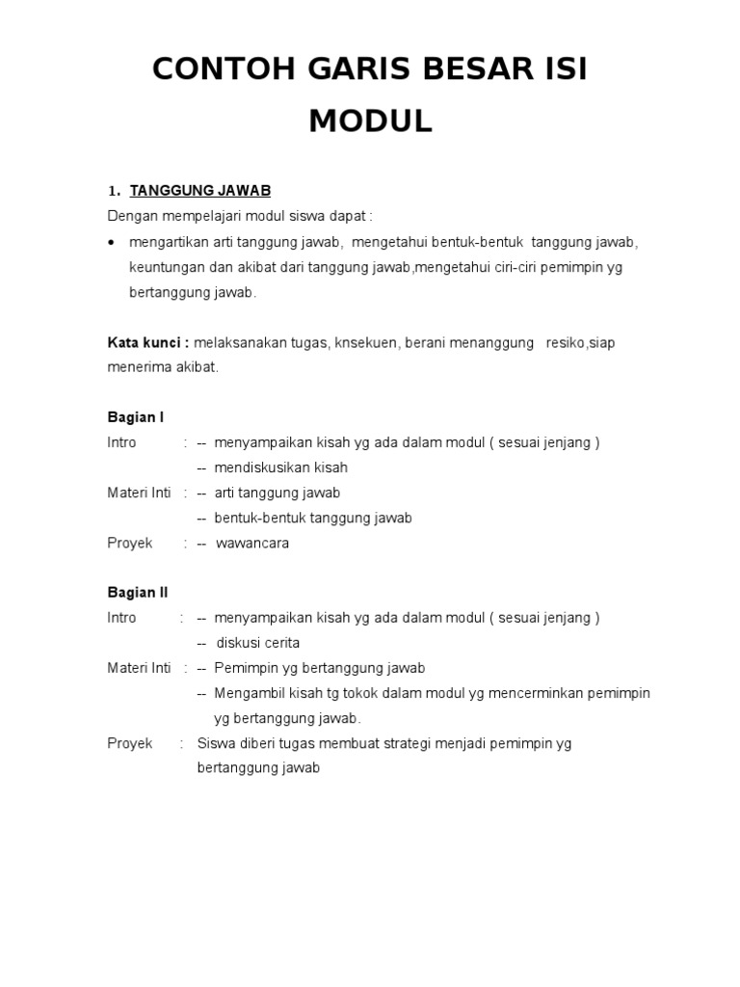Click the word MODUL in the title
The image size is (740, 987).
370,121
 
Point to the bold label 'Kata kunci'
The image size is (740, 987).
146,342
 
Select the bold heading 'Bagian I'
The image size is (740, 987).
135,417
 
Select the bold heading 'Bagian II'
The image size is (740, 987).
137,593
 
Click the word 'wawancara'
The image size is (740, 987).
252,543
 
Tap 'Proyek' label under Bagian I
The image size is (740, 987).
130,543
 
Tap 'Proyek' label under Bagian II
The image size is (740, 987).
130,743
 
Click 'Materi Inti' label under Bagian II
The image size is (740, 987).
139,668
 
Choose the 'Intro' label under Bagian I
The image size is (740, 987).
122,442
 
